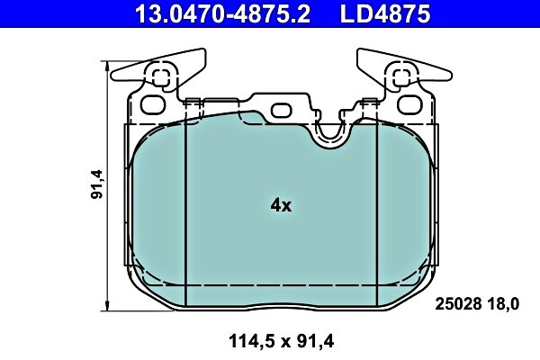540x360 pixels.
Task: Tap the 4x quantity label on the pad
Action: click(x=281, y=205)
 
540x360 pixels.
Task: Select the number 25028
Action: click(x=456, y=303)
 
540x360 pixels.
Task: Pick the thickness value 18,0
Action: click(x=502, y=303)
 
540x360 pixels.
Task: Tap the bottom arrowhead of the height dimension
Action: click(x=109, y=301)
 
